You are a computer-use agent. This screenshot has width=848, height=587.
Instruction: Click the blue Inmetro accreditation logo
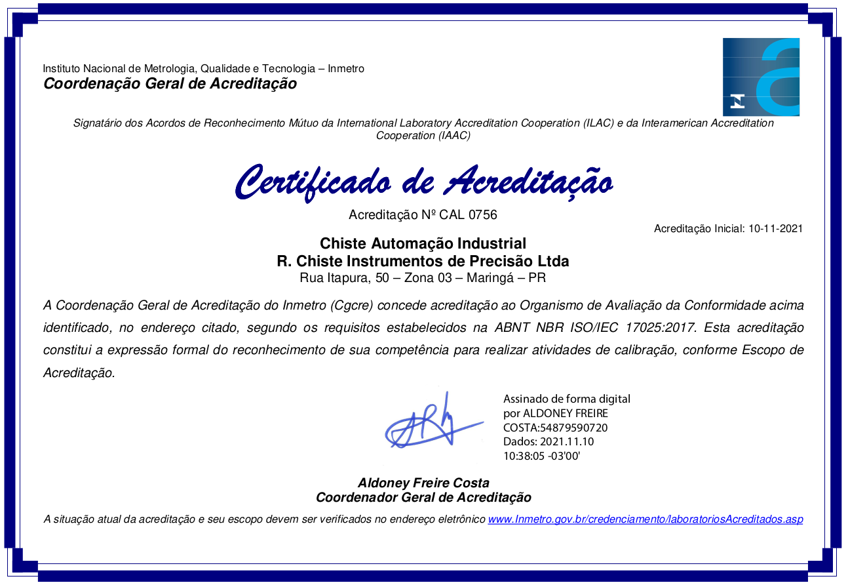click(x=761, y=77)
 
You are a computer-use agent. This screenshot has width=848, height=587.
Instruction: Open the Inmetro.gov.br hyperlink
click(x=645, y=519)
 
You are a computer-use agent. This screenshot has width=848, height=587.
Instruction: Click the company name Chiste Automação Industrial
click(x=423, y=244)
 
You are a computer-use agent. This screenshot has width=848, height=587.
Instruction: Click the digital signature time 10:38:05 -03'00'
click(x=541, y=456)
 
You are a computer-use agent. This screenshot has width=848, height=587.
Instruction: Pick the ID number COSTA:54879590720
click(x=555, y=428)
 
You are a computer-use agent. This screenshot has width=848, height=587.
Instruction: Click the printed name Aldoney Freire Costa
click(x=423, y=483)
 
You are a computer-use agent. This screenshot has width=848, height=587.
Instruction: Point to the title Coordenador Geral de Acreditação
click(x=423, y=497)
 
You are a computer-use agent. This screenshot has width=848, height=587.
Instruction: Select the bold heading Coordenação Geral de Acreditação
click(x=170, y=83)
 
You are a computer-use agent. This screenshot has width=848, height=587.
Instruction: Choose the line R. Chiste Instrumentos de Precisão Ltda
click(x=423, y=261)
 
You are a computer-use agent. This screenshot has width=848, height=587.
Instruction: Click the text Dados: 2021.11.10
click(x=548, y=441)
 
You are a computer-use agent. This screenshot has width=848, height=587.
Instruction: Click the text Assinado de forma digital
click(x=566, y=399)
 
